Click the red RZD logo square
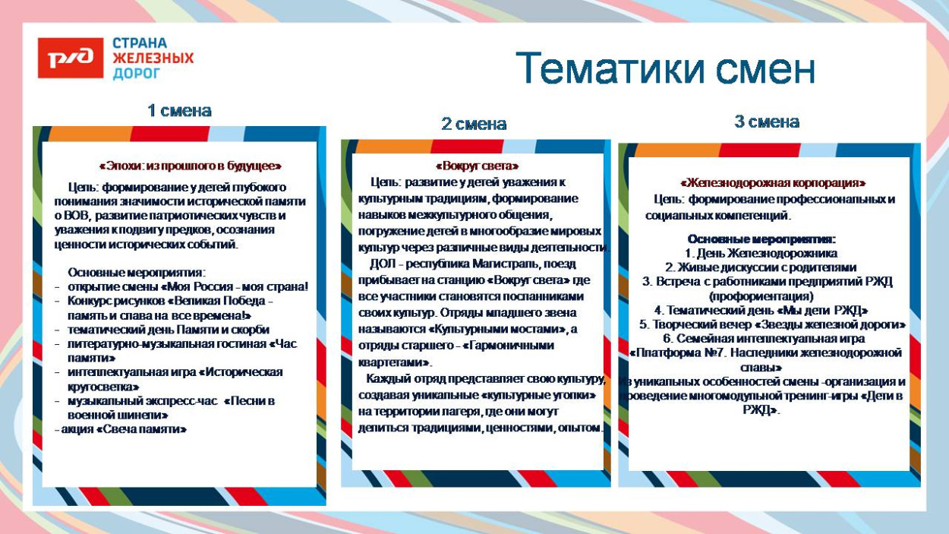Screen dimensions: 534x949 [x=70, y=58]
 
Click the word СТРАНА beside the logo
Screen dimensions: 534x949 [x=140, y=43]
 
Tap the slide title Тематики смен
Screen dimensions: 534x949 [x=666, y=69]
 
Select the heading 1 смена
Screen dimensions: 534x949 [x=179, y=111]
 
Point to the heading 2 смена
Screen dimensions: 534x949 [x=474, y=124]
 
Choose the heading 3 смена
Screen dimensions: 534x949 [x=767, y=122]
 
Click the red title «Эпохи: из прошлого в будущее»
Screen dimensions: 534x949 [x=190, y=166]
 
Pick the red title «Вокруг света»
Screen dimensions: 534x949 [x=477, y=166]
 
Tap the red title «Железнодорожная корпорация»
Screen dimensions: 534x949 [x=773, y=183]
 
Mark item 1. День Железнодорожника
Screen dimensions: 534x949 [x=761, y=253]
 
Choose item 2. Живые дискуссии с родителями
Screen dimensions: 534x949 [x=761, y=267]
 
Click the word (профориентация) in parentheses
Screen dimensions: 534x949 [x=761, y=296]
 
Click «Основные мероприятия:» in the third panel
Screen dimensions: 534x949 [x=761, y=239]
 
